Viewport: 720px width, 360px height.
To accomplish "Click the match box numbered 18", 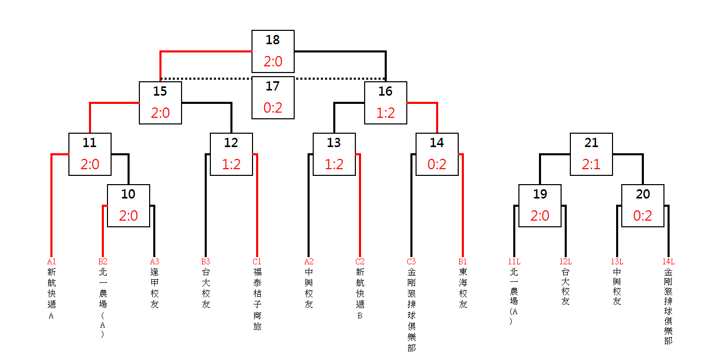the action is (x=273, y=51).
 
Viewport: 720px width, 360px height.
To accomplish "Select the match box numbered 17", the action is (x=273, y=98).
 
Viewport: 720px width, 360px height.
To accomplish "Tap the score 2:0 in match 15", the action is (x=160, y=113).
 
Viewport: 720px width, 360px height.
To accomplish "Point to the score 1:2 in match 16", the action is (x=385, y=113).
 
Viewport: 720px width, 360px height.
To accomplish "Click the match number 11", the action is (x=89, y=143).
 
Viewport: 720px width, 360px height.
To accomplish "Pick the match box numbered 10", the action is (x=129, y=206).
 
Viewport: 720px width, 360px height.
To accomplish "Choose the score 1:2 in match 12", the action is (x=231, y=164).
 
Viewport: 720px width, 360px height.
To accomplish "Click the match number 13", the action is (x=334, y=143).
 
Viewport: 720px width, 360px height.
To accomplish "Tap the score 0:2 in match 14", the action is (x=437, y=164).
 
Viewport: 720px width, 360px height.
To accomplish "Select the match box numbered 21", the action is (x=591, y=154).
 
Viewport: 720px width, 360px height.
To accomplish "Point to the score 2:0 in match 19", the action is (x=539, y=215).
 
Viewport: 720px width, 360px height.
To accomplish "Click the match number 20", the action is (x=642, y=194).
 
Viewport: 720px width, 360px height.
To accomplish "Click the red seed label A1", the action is (x=51, y=261).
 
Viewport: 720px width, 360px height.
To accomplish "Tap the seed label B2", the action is (x=103, y=261).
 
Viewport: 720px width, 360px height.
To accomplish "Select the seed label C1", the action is (x=257, y=261).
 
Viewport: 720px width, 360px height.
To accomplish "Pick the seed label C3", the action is (x=411, y=261).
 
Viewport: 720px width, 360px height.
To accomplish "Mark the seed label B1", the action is (x=462, y=261).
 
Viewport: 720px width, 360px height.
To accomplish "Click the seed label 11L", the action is (x=514, y=261).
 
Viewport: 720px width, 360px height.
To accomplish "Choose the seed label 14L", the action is (x=669, y=261).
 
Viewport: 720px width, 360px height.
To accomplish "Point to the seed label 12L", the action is (x=565, y=261).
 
